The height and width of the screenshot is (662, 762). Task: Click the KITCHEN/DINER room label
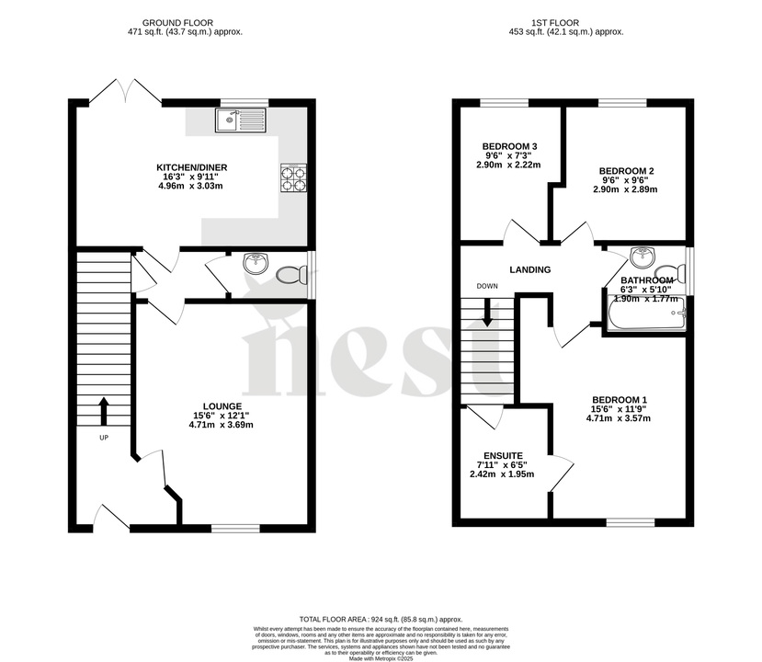click(191, 167)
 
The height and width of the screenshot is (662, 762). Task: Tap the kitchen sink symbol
click(240, 120)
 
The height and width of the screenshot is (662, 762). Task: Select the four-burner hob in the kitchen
click(293, 177)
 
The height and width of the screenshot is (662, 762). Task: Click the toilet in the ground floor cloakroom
click(291, 274)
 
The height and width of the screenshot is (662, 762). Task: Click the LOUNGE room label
click(222, 405)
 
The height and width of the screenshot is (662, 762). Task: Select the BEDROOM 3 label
click(509, 146)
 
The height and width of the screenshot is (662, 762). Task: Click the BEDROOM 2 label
click(626, 171)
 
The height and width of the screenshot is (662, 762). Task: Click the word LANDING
click(530, 270)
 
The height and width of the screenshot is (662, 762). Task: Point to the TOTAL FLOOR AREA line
click(381, 620)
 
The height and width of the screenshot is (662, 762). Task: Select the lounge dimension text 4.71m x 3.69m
click(222, 426)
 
